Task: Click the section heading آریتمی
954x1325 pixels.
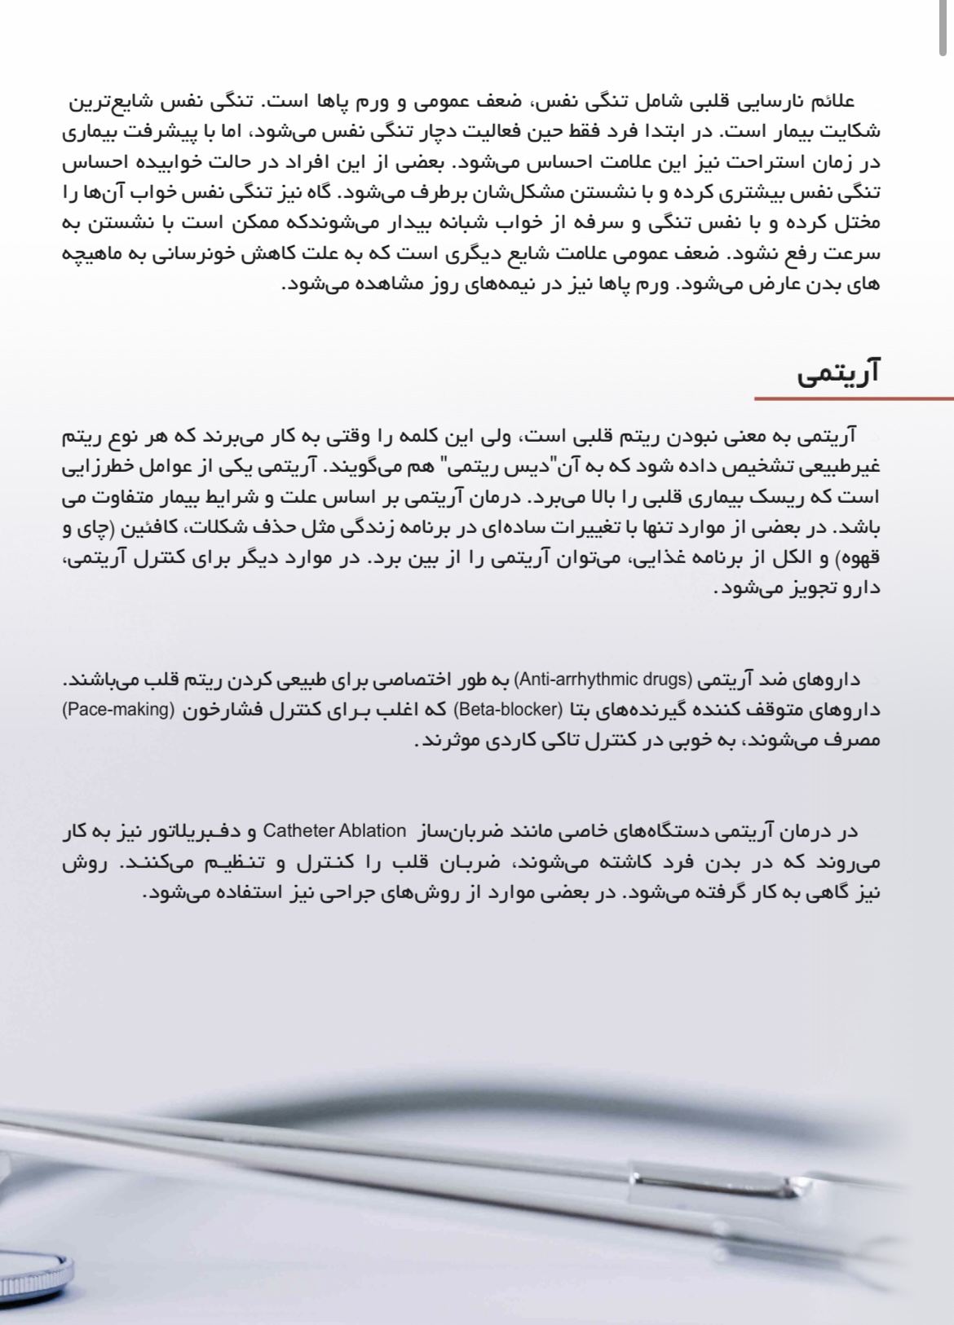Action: coord(838,374)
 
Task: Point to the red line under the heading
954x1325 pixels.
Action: coord(853,399)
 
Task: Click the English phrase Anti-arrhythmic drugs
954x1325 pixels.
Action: coord(603,679)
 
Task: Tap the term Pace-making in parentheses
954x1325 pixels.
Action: coord(118,710)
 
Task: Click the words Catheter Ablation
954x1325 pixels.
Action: coord(334,832)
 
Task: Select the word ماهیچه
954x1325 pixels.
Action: coord(94,253)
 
